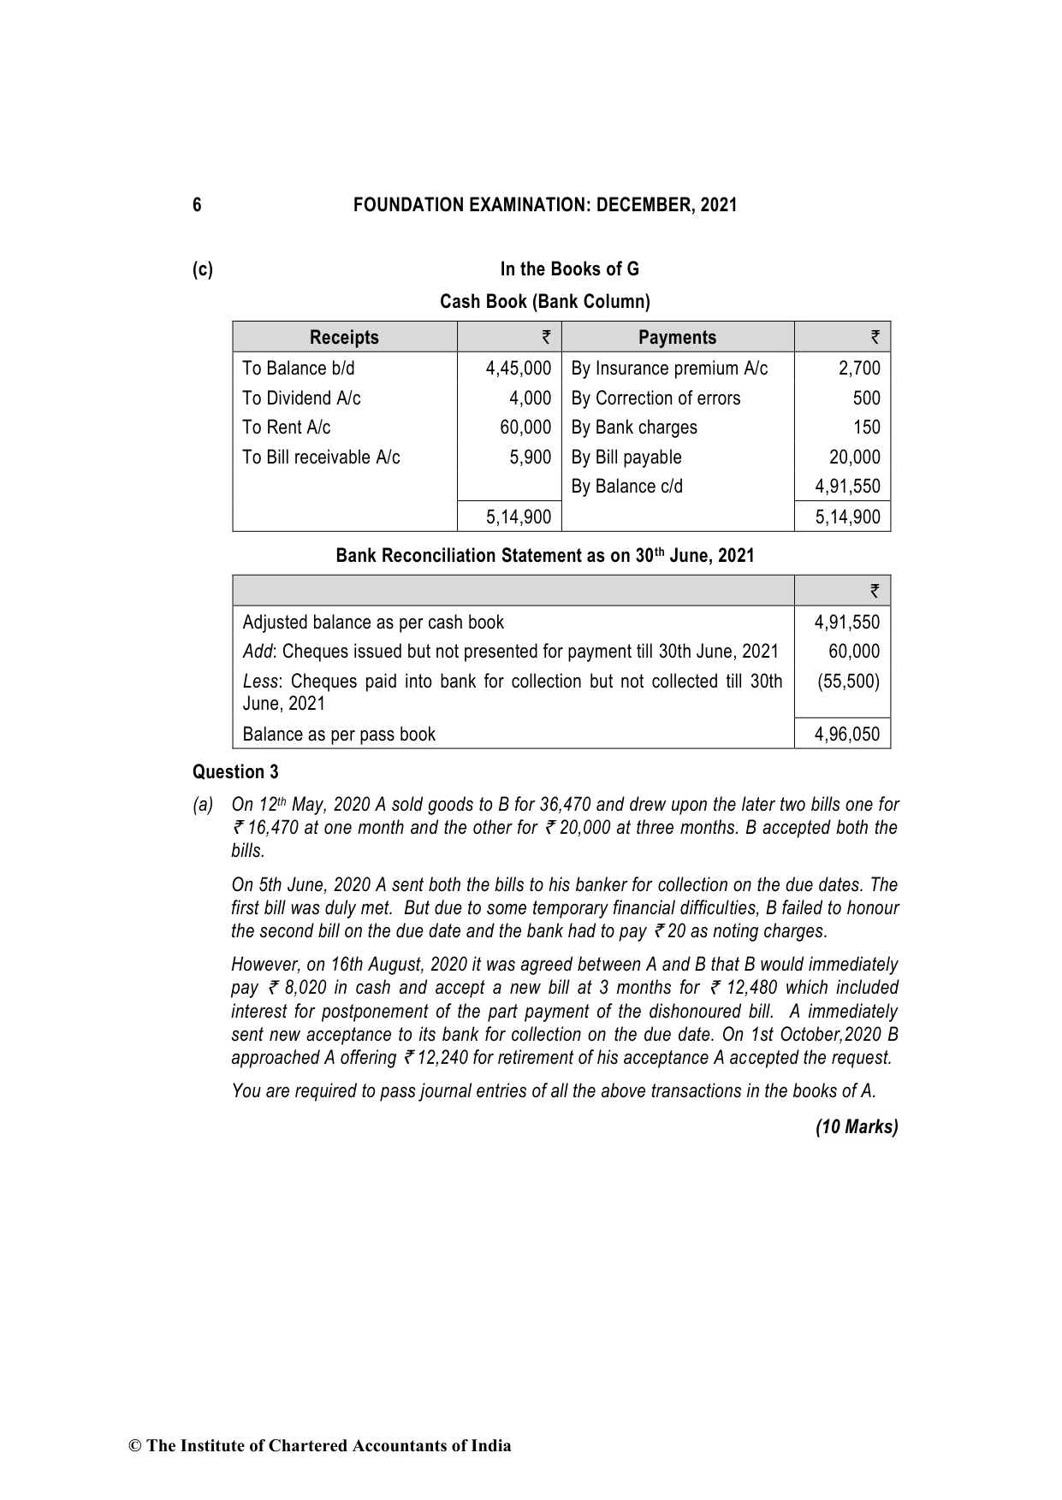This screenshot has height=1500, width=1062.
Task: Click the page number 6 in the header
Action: point(197,205)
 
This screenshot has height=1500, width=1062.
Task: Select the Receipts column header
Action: point(344,337)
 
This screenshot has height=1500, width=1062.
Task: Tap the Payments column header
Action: point(677,337)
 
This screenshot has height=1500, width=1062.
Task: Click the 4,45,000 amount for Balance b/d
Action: point(518,369)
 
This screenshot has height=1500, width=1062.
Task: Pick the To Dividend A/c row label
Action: point(301,399)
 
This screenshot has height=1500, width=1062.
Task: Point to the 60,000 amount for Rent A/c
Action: point(525,428)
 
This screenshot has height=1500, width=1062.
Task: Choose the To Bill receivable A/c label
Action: point(321,458)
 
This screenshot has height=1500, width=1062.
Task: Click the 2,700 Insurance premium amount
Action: point(859,369)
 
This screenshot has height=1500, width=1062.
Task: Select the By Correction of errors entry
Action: point(656,399)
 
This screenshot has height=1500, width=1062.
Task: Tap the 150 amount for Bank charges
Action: point(866,428)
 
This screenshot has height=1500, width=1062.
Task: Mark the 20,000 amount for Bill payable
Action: point(854,458)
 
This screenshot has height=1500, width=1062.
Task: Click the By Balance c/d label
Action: point(626,487)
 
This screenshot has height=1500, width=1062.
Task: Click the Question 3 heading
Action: point(235,772)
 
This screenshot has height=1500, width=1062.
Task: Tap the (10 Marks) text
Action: point(857,1127)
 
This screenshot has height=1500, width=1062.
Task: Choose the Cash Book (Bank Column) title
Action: point(545,302)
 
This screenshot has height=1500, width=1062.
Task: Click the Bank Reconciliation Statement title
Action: point(545,556)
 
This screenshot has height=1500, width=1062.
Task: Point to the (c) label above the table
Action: point(203,269)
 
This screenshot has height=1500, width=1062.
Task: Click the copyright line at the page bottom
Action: point(320,1446)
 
